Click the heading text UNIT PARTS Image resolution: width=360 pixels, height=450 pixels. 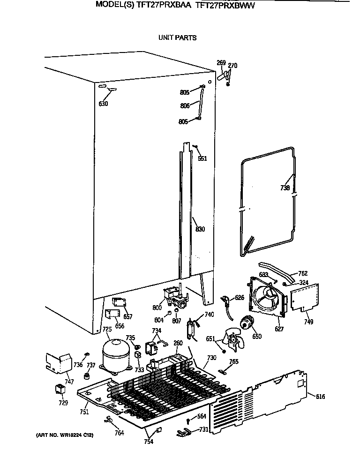click(x=177, y=37)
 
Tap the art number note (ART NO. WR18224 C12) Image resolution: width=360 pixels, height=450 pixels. click(x=65, y=435)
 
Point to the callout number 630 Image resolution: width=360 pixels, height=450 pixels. click(x=103, y=104)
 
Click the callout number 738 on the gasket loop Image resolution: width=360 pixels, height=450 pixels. click(x=285, y=188)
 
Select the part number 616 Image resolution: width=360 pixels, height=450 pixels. click(x=320, y=397)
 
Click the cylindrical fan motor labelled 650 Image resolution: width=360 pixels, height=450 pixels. click(x=246, y=323)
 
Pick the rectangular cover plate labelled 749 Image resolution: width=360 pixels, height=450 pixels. click(x=305, y=298)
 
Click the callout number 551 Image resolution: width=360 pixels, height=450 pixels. click(x=202, y=158)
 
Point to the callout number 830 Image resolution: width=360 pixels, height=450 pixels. click(x=200, y=229)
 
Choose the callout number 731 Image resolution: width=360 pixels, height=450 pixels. click(x=203, y=429)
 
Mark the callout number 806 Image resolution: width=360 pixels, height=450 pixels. click(x=184, y=106)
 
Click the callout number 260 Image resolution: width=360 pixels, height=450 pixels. click(x=178, y=343)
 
